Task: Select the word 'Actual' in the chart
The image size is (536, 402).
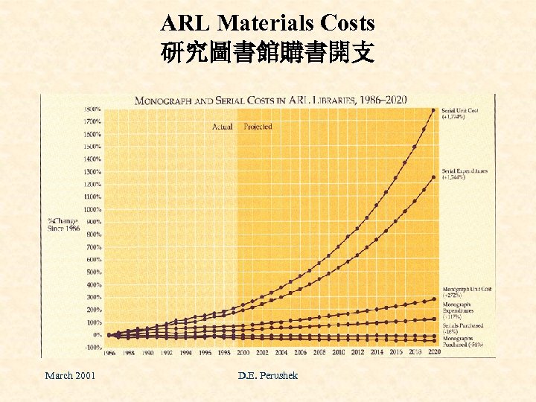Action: pyautogui.click(x=222, y=127)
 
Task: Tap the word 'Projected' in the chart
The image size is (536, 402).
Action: pyautogui.click(x=258, y=127)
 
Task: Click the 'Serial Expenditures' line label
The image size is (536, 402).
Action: pyautogui.click(x=465, y=173)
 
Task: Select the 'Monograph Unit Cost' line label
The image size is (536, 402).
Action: pyautogui.click(x=467, y=291)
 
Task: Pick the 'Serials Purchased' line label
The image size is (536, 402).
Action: pyautogui.click(x=463, y=328)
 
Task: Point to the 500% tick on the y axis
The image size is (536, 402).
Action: pyautogui.click(x=93, y=272)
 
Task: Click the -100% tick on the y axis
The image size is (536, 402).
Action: pyautogui.click(x=92, y=347)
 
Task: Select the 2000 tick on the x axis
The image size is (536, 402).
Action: pyautogui.click(x=243, y=354)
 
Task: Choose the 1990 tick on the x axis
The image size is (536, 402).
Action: pyautogui.click(x=148, y=354)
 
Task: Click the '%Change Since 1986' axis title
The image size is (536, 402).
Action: pyautogui.click(x=63, y=225)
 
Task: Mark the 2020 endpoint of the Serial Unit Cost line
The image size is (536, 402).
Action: pyautogui.click(x=433, y=110)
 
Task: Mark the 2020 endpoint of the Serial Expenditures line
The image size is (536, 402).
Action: pyautogui.click(x=433, y=177)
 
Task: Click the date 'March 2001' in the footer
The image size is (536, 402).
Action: pyautogui.click(x=70, y=375)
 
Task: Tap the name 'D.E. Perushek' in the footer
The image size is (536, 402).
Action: pyautogui.click(x=267, y=375)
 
